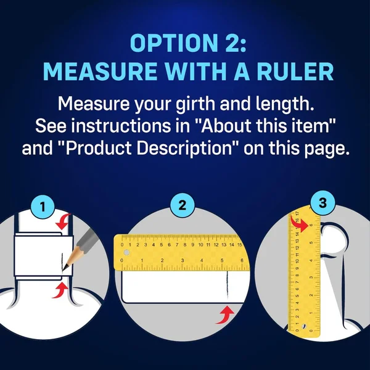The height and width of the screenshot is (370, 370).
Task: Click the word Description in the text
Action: click(184, 148)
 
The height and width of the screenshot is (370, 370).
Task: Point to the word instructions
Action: click(120, 126)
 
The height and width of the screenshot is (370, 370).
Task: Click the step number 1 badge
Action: click(43, 207)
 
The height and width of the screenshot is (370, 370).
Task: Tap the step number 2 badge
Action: click(182, 205)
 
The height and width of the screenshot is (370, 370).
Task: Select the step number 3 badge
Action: click(323, 203)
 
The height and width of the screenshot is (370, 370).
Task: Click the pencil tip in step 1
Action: click(64, 269)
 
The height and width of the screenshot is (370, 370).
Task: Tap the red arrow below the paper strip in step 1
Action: click(60, 290)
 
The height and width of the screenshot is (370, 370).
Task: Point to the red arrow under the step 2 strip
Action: click(225, 315)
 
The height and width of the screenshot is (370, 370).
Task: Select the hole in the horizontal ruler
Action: click(126, 253)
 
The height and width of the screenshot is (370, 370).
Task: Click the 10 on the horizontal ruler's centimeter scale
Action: click(200, 245)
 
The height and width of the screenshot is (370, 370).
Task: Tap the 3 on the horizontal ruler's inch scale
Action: click(183, 260)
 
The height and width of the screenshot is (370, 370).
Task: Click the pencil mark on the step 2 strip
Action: click(227, 284)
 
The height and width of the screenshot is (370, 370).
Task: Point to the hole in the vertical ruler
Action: click(303, 327)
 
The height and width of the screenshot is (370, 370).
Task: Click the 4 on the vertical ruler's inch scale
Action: click(311, 260)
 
